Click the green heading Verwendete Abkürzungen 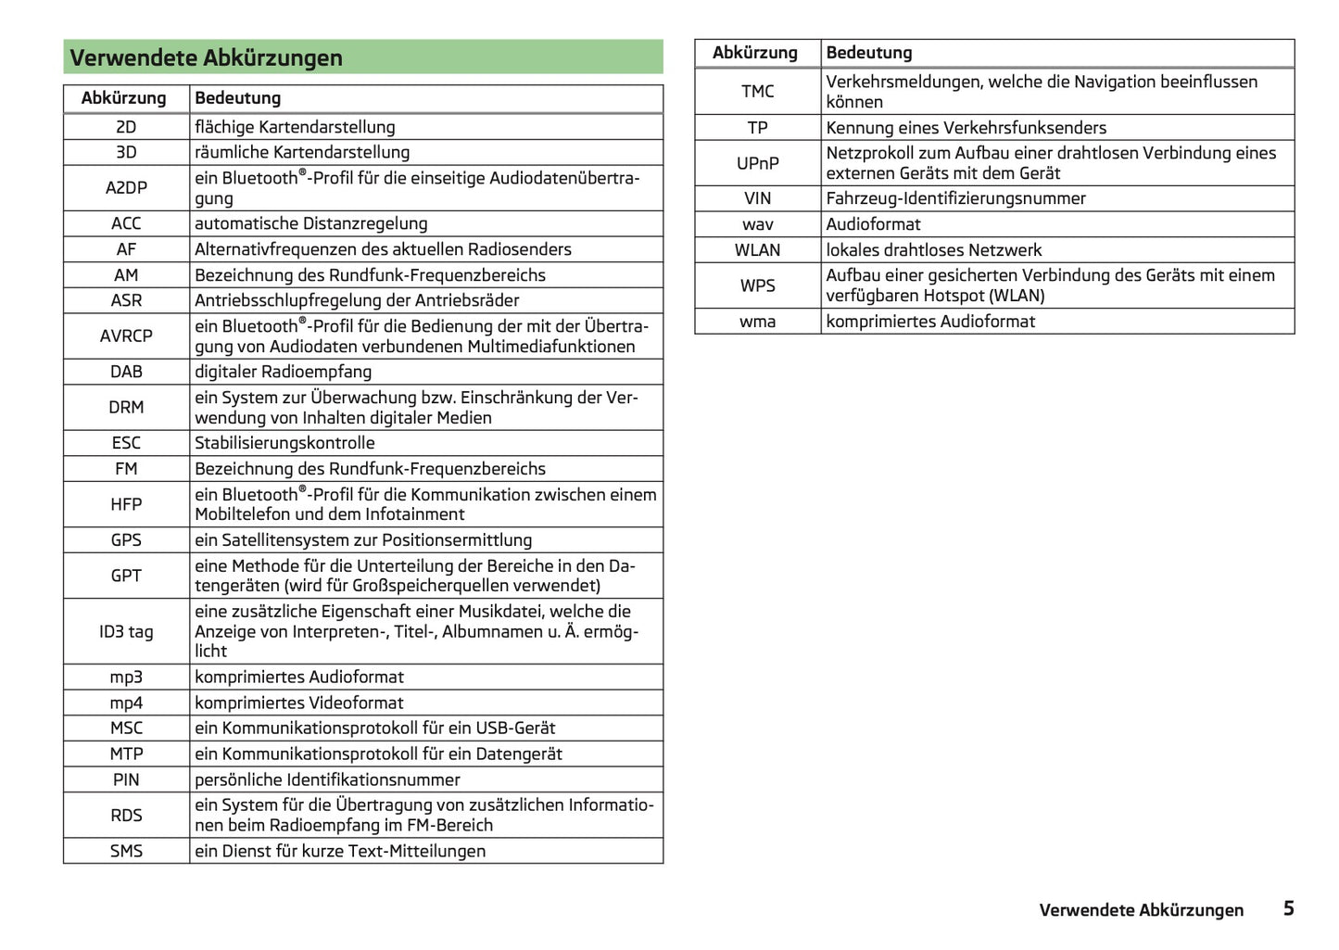tap(206, 57)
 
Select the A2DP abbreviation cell tap(126, 188)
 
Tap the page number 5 tap(1288, 908)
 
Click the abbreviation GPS tap(126, 540)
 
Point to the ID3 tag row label tap(126, 632)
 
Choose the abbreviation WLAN tap(757, 250)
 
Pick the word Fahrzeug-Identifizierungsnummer tap(955, 198)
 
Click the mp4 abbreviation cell tap(126, 703)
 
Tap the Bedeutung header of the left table tap(237, 98)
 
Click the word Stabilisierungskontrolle tap(284, 443)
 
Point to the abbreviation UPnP tap(757, 163)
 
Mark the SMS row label tap(126, 851)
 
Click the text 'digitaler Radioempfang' tap(283, 372)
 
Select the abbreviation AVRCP tap(126, 336)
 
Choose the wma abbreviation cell tap(757, 322)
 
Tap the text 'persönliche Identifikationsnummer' tap(327, 779)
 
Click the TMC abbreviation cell tap(757, 92)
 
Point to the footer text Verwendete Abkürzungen tap(1141, 910)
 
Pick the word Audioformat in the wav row tap(873, 224)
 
